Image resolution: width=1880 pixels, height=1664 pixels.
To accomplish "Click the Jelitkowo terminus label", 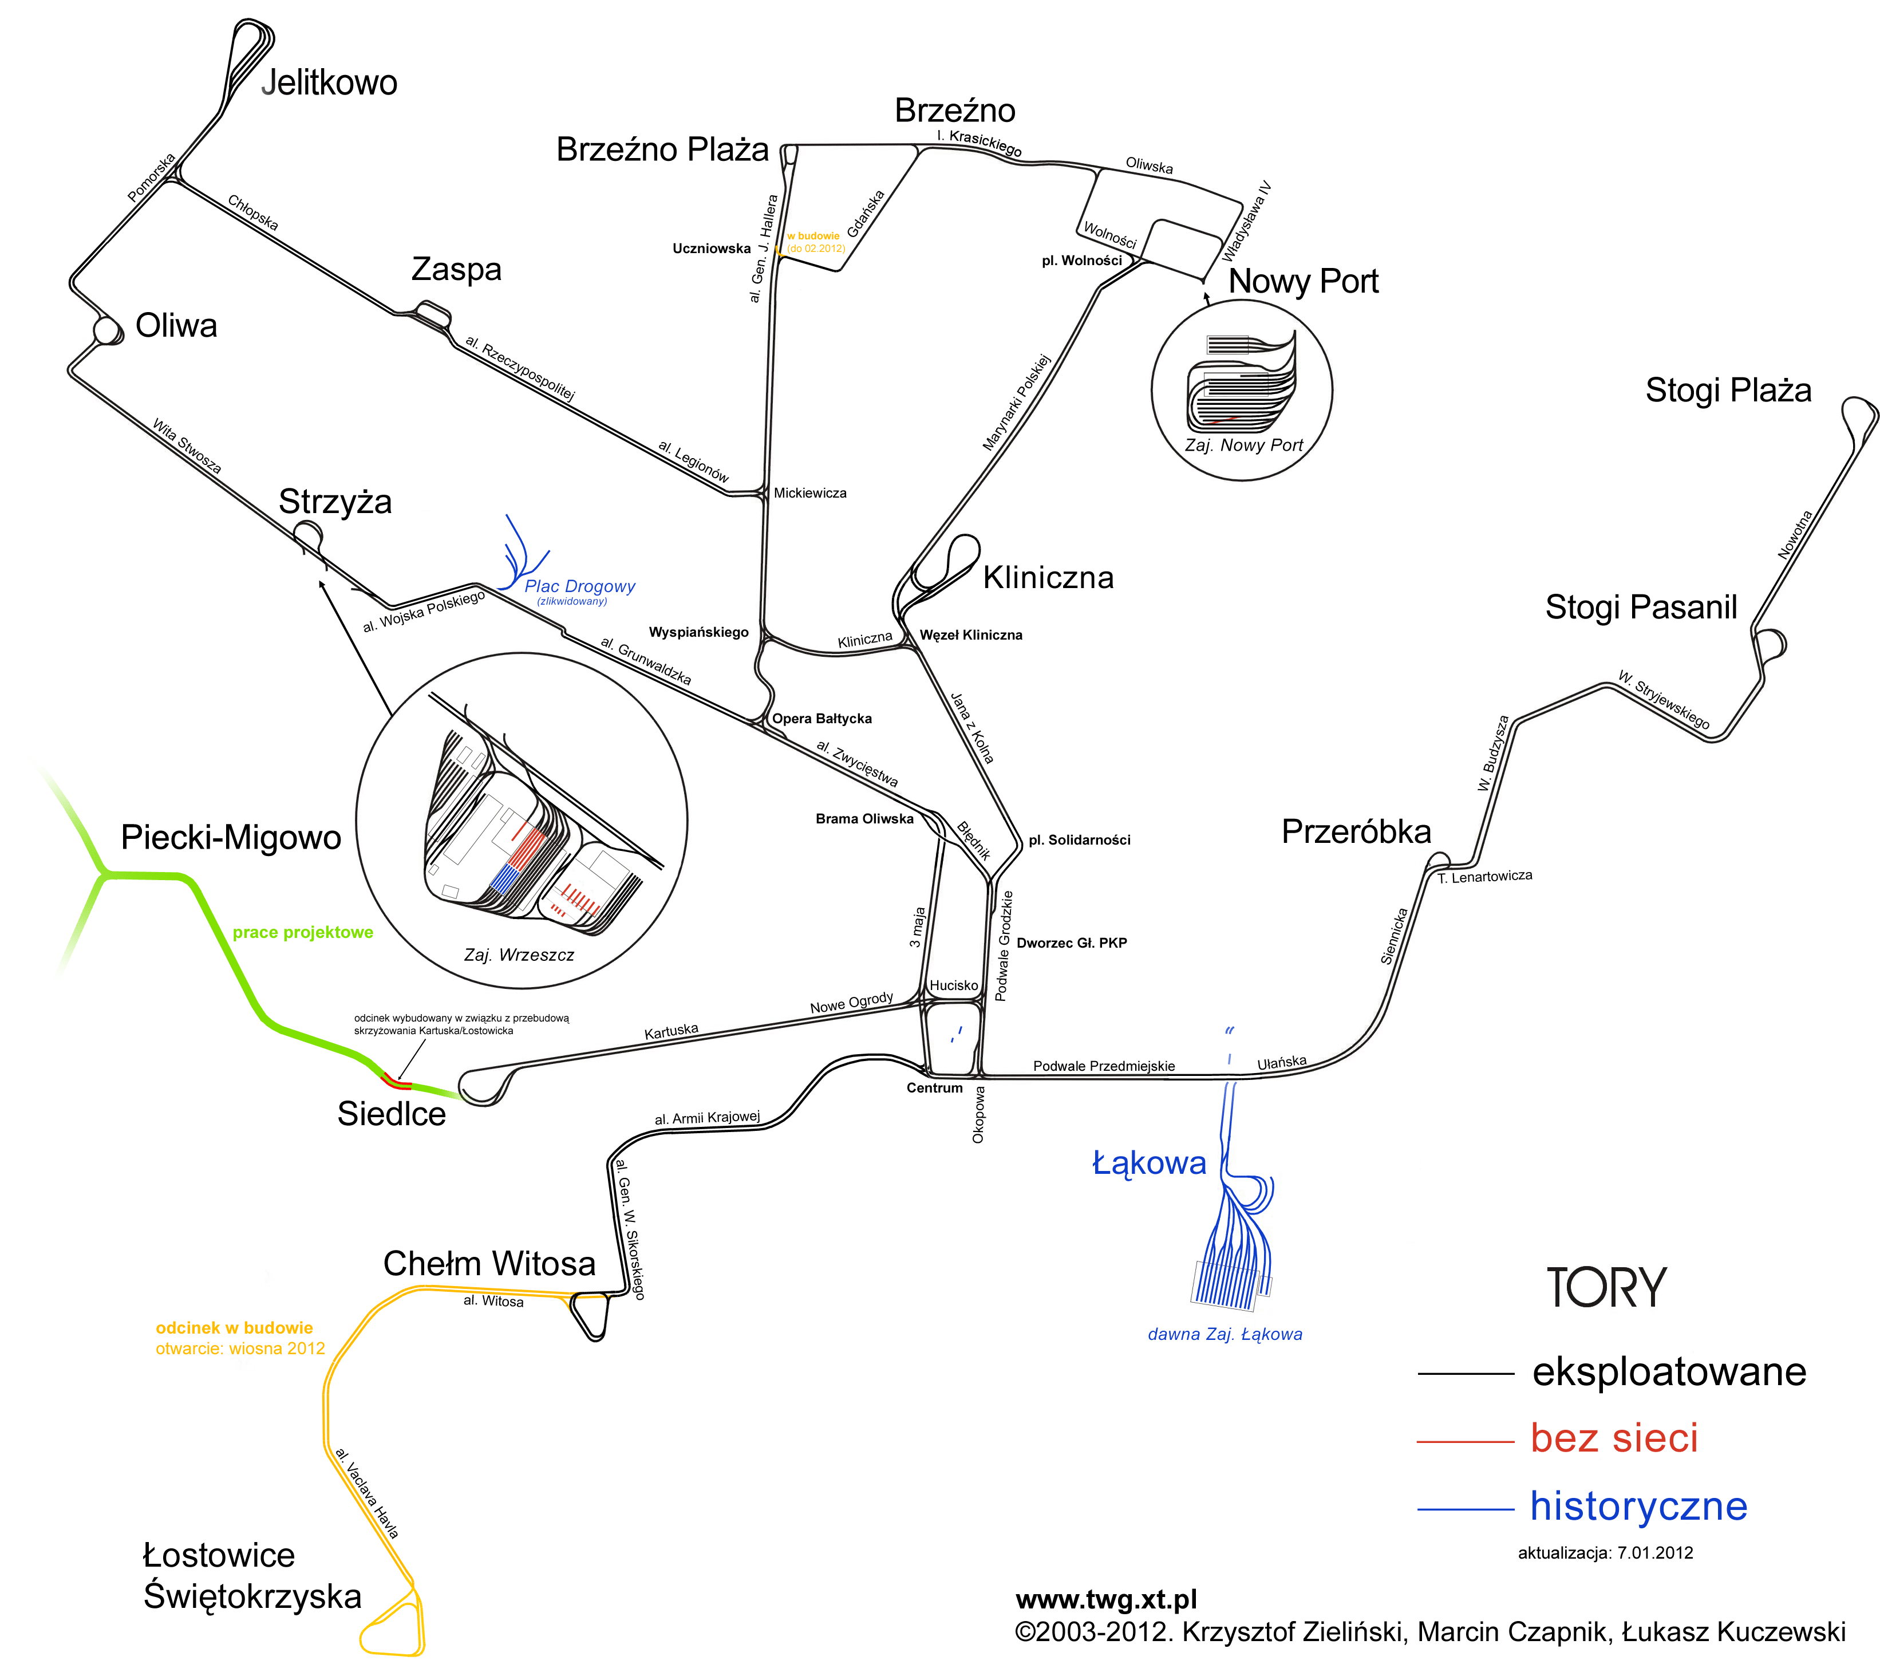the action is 329,83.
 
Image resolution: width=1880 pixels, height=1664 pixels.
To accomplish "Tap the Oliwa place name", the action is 176,326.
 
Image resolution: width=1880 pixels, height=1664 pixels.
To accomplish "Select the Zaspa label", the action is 456,270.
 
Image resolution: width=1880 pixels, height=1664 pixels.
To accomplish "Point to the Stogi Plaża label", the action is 1728,390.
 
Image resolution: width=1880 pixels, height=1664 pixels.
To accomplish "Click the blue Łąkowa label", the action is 1149,1163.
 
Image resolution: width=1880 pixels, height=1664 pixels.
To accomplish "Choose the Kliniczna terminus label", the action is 1049,578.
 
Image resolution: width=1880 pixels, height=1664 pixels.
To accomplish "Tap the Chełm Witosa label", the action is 489,1264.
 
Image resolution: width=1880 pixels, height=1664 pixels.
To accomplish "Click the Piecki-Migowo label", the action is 231,838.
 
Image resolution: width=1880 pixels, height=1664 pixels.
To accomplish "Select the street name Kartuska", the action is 672,1031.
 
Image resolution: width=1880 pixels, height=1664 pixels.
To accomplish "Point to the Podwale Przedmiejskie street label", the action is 1104,1066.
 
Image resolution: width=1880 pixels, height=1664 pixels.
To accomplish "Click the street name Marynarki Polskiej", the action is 1016,402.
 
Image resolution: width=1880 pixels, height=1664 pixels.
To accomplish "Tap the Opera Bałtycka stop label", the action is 821,719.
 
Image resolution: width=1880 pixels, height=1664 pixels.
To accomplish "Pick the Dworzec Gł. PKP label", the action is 1072,943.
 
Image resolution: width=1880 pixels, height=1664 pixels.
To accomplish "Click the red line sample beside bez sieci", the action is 1465,1441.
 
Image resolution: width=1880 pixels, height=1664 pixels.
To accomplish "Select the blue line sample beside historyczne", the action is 1465,1509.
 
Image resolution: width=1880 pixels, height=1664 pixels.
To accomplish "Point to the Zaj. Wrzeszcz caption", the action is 519,955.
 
